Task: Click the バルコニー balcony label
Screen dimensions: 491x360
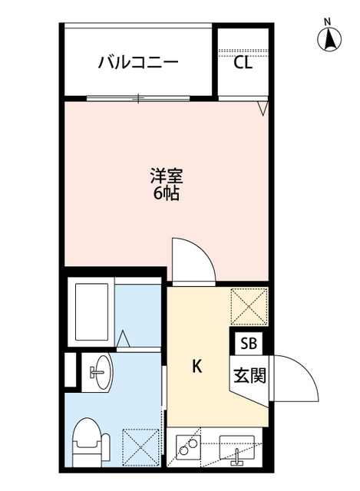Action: click(138, 62)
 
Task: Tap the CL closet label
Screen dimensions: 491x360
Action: click(243, 64)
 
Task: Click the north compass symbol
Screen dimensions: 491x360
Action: click(329, 38)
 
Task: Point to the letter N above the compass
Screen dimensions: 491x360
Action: click(328, 21)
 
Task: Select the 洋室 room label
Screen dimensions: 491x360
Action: click(166, 176)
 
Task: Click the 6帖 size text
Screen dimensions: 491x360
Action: click(166, 193)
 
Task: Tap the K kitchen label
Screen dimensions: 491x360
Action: click(197, 367)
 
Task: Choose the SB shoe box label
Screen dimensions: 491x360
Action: click(248, 343)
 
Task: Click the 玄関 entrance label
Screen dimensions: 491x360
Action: click(248, 376)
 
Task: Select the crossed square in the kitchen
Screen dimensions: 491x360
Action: click(249, 305)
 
